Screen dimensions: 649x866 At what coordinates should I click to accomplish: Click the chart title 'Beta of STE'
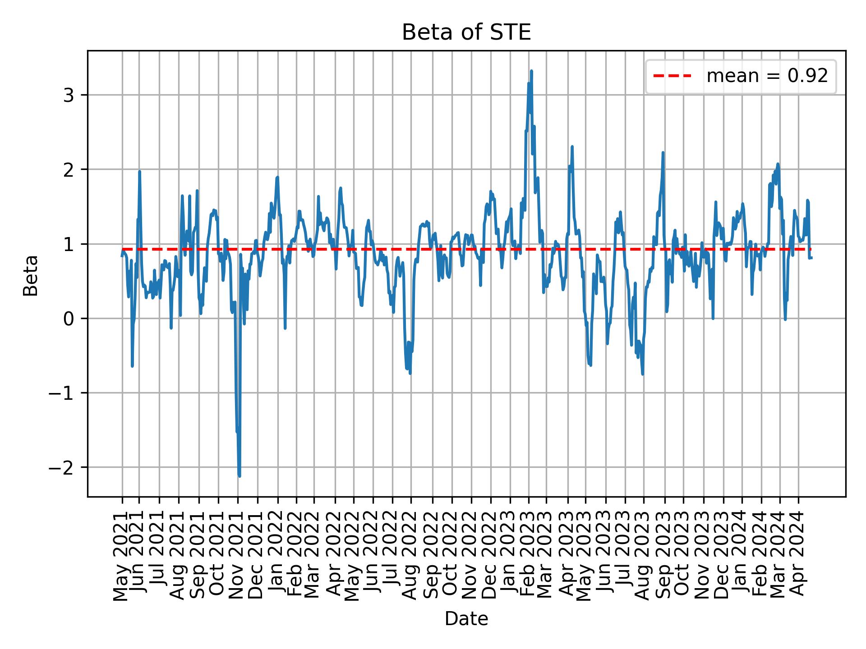(x=466, y=32)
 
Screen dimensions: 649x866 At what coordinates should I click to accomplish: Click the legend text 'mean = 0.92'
(x=767, y=76)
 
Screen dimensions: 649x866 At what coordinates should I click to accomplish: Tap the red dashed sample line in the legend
(x=672, y=76)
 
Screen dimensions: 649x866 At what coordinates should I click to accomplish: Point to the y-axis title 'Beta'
(x=31, y=275)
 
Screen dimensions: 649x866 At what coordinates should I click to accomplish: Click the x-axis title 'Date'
(x=466, y=619)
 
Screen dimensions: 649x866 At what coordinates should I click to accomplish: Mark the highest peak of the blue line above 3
(x=531, y=71)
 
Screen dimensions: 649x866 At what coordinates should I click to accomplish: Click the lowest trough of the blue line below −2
(x=240, y=476)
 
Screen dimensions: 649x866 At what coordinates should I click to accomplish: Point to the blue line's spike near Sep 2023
(x=663, y=153)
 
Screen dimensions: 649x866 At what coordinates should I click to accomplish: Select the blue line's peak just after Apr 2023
(x=572, y=146)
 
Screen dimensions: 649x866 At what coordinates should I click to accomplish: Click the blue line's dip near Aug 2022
(x=410, y=373)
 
